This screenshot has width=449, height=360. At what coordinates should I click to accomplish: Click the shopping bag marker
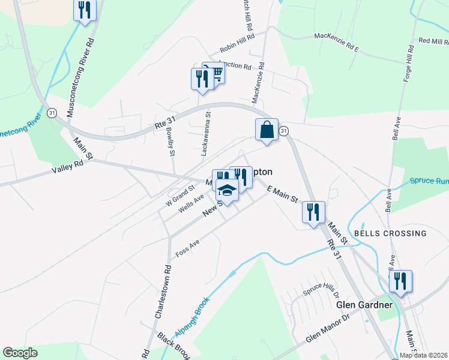pos(266,130)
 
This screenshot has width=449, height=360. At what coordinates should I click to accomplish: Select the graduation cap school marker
pos(228,191)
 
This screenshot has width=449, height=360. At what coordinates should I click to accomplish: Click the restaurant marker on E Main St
pos(313,212)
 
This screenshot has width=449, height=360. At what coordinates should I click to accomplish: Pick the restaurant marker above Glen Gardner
pos(400,281)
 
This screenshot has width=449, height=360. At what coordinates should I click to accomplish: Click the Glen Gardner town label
pos(364,305)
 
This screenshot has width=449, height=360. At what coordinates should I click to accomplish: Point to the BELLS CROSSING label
pos(390,233)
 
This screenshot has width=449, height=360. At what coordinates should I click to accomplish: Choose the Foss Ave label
pos(187,249)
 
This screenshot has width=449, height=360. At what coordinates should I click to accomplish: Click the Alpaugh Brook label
pos(191,317)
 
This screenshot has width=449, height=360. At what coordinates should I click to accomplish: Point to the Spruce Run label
pos(429,180)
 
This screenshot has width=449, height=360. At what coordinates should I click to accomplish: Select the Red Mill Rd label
pos(433,41)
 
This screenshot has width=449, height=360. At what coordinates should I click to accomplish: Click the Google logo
pos(20,353)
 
